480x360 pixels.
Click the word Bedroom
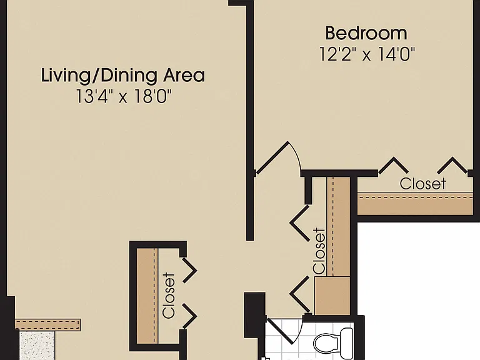[x=366, y=33]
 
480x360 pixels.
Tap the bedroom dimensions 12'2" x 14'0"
[x=367, y=54]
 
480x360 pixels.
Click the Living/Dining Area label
[x=123, y=75]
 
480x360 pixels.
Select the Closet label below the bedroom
[x=422, y=184]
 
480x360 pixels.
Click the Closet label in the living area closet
[x=169, y=296]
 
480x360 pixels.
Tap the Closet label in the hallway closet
[x=319, y=251]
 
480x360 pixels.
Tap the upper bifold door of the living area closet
[x=189, y=270]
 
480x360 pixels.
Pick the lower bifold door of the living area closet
[x=189, y=316]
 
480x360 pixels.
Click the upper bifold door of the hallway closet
[x=300, y=223]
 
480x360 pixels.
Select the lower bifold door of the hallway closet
[x=300, y=294]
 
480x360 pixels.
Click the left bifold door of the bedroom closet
[x=394, y=165]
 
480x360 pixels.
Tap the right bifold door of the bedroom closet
[x=452, y=165]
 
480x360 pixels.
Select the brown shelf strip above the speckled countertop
[x=47, y=324]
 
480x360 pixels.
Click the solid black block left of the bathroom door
[x=255, y=311]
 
